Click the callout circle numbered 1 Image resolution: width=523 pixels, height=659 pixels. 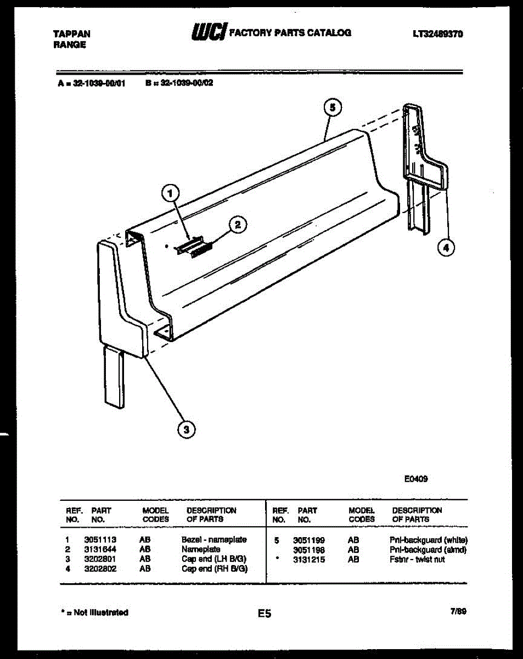pyautogui.click(x=171, y=193)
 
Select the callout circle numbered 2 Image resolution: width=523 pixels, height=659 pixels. pyautogui.click(x=237, y=224)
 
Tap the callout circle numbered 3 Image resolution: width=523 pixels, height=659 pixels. pyautogui.click(x=187, y=429)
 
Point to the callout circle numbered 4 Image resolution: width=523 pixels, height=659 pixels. pyautogui.click(x=446, y=248)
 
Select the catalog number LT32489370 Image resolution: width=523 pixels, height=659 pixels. pyautogui.click(x=437, y=33)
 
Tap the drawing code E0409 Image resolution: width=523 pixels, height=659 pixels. pyautogui.click(x=415, y=479)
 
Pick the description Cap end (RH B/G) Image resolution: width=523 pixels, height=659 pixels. pyautogui.click(x=215, y=569)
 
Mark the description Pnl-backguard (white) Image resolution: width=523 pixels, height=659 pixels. pyautogui.click(x=428, y=540)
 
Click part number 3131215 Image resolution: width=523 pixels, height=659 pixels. pyautogui.click(x=308, y=560)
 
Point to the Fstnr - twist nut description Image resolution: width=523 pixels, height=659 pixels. pyautogui.click(x=417, y=560)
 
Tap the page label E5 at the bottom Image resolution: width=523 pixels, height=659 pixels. pyautogui.click(x=265, y=613)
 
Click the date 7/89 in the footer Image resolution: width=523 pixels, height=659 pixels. pyautogui.click(x=458, y=611)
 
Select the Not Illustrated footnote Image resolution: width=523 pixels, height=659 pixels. pyautogui.click(x=93, y=612)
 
